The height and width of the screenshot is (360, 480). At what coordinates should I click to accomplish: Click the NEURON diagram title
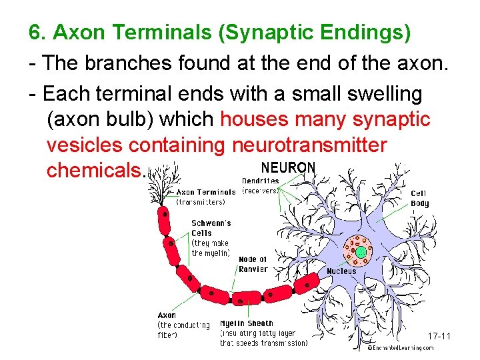[288, 167]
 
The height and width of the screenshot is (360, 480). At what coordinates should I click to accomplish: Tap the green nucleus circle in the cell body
[361, 253]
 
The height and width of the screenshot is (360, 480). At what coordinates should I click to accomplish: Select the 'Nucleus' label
[341, 271]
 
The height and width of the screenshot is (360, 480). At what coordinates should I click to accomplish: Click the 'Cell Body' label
[420, 199]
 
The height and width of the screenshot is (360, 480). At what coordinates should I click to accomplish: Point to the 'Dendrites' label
[261, 181]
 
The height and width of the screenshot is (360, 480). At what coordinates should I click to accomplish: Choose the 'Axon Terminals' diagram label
[205, 193]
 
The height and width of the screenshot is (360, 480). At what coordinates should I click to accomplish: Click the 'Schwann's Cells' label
[211, 228]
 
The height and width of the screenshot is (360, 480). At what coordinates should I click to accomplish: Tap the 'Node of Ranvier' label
[253, 264]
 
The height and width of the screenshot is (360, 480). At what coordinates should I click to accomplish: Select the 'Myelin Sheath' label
[247, 324]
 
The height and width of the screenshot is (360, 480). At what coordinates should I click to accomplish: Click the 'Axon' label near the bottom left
[167, 315]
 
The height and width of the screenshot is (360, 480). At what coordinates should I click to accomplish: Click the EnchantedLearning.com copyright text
[400, 348]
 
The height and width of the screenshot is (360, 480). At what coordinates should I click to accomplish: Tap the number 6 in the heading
[35, 32]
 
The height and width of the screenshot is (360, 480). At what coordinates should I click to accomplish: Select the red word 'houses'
[255, 120]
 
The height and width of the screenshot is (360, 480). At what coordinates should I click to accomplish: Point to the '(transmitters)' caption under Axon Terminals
[201, 202]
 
